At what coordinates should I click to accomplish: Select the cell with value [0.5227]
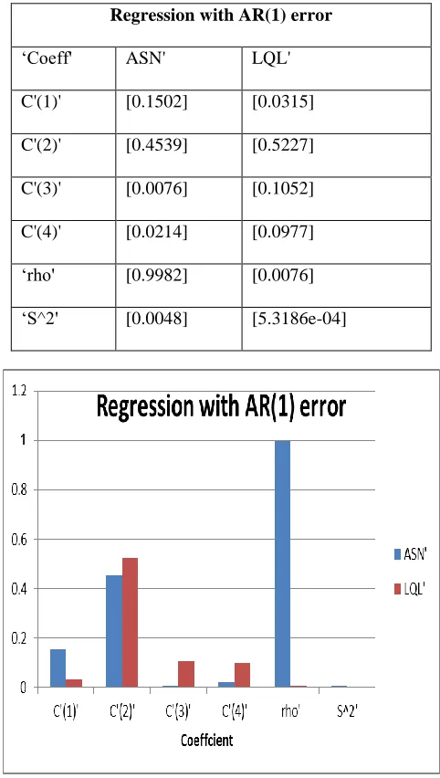coord(283,147)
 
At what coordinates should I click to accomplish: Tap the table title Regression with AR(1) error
coord(221,16)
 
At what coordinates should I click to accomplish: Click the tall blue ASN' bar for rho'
coord(282,563)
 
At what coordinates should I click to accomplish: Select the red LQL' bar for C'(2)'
coord(130,623)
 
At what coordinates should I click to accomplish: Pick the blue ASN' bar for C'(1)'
coord(58,668)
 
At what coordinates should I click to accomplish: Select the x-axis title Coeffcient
coord(207,741)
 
